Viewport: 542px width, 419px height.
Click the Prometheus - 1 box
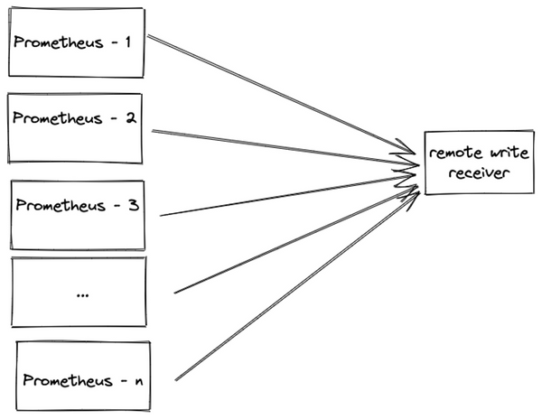pos(76,42)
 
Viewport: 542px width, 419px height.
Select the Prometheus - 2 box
pos(76,127)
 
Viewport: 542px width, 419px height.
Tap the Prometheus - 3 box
pos(77,214)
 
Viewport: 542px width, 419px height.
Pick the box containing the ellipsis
pos(79,292)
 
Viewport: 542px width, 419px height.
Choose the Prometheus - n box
pos(83,375)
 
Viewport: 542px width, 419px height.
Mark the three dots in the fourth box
pos(82,293)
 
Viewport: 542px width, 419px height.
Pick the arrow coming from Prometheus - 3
pos(280,196)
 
